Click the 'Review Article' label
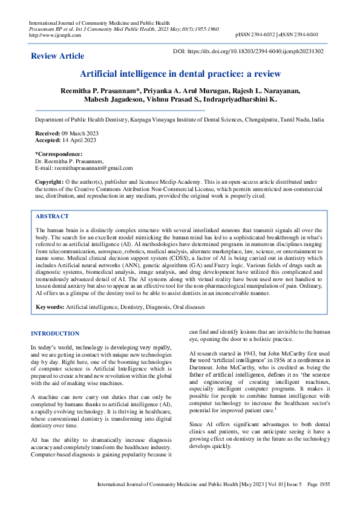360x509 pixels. click(x=57, y=56)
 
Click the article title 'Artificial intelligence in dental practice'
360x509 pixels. click(x=180, y=74)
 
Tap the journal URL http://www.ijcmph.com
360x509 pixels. click(x=51, y=34)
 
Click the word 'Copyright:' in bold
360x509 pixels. click(x=49, y=181)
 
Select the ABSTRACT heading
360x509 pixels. click(x=52, y=216)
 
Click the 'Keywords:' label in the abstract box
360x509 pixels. click(x=50, y=307)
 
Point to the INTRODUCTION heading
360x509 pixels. click(x=55, y=334)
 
